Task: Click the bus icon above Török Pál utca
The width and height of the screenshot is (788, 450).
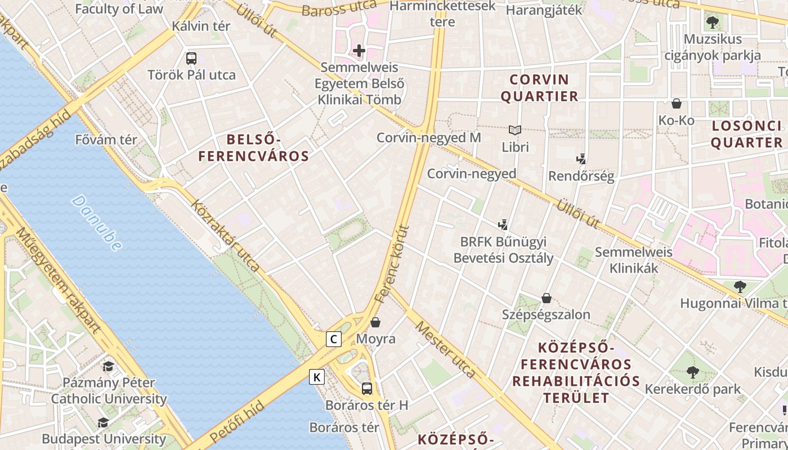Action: (x=191, y=58)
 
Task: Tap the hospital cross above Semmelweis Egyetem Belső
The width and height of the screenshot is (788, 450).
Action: (x=359, y=51)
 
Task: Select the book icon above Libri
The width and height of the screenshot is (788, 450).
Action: (x=515, y=130)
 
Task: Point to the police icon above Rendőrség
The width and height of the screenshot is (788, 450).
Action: (x=581, y=159)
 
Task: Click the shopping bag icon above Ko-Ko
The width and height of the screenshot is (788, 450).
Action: (x=677, y=103)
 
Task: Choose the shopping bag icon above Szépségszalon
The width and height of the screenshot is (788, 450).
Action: (x=546, y=298)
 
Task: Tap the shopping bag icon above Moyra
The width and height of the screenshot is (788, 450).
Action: (x=375, y=322)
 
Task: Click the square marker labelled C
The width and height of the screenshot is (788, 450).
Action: (x=334, y=339)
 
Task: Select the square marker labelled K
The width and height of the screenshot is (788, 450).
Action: (x=317, y=377)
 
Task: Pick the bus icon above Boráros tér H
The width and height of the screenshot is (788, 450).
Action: (x=367, y=388)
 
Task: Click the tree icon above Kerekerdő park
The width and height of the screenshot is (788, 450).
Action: (x=693, y=372)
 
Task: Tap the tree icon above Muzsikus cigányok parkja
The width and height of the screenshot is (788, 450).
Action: (x=712, y=23)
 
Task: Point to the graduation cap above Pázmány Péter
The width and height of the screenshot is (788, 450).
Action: (x=108, y=366)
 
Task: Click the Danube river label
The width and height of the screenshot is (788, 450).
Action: (x=97, y=223)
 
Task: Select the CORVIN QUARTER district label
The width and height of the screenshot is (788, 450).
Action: (x=539, y=88)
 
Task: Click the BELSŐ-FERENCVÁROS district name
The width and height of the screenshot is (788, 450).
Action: (x=254, y=148)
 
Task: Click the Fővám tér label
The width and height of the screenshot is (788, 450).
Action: (x=106, y=139)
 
